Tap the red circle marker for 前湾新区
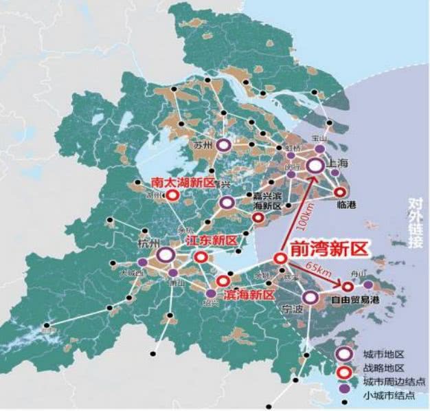point(280,258)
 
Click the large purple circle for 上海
point(315,166)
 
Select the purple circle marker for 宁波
point(310,297)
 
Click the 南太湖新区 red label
point(182,183)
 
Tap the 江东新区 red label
point(212,241)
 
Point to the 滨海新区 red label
point(249,295)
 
